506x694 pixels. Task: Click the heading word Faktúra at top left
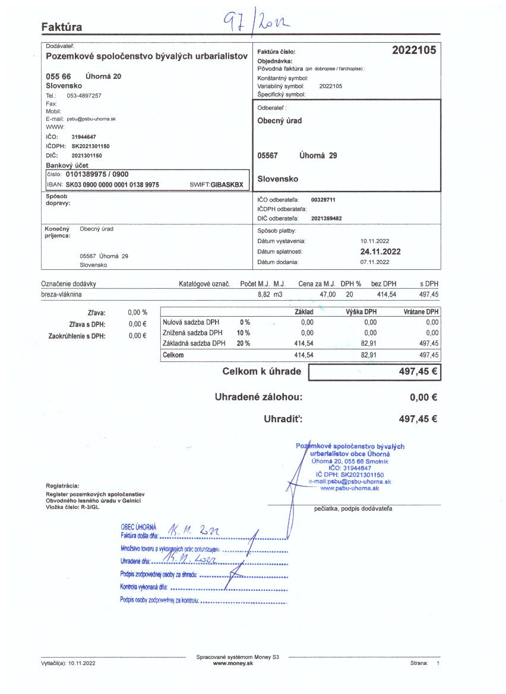pyautogui.click(x=62, y=27)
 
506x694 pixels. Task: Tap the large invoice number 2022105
pyautogui.click(x=414, y=50)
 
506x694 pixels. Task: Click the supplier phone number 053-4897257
pyautogui.click(x=84, y=95)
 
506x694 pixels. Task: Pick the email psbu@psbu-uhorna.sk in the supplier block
pyautogui.click(x=91, y=119)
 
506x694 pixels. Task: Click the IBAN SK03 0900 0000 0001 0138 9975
pyautogui.click(x=112, y=184)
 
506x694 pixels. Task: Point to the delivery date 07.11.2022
pyautogui.click(x=375, y=262)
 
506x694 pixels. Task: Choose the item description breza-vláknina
pyautogui.click(x=62, y=294)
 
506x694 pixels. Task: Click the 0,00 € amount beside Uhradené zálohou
pyautogui.click(x=423, y=397)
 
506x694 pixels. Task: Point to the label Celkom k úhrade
pyautogui.click(x=261, y=372)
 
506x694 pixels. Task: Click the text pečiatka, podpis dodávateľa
pyautogui.click(x=353, y=508)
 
